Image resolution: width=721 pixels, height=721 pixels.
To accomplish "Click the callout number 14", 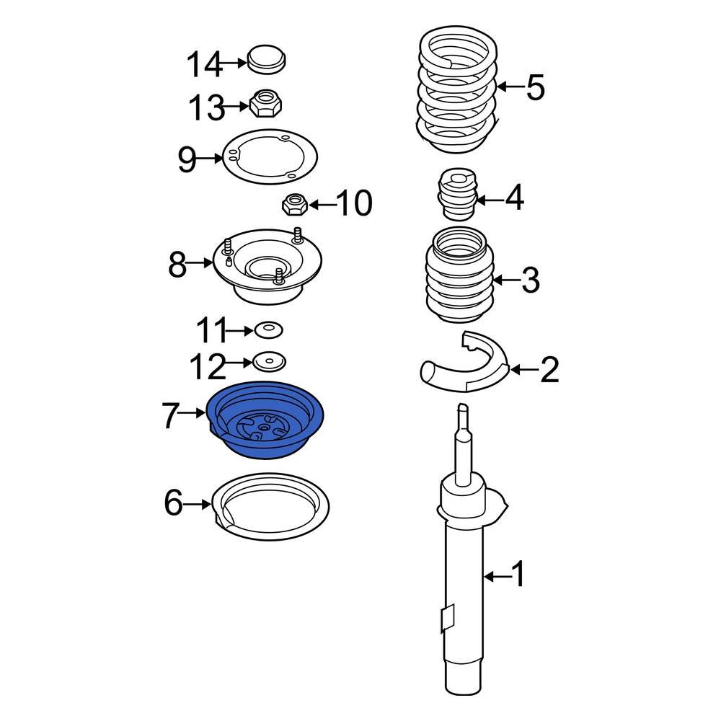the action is point(205,64).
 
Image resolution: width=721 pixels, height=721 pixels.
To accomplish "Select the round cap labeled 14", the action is point(267,59).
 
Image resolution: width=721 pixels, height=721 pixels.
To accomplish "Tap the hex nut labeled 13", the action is point(265,103).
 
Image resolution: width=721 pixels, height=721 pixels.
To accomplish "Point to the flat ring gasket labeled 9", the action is point(270,156).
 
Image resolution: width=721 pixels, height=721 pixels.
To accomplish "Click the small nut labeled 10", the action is point(294,205).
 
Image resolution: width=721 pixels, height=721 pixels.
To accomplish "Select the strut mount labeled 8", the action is point(267,266).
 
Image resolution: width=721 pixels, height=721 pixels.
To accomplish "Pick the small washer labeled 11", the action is point(269,329).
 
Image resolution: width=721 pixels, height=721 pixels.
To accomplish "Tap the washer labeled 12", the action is point(269,361).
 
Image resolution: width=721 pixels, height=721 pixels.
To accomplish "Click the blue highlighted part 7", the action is point(266,420).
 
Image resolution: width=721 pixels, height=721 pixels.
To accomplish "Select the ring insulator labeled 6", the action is point(270,506).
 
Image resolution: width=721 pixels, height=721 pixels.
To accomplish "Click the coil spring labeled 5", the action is point(458,89).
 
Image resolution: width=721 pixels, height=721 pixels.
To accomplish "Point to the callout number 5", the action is point(535,87).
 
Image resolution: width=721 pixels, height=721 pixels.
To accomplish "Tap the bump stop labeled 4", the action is point(456,194).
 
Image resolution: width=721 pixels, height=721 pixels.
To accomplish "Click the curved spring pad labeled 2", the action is point(465,363).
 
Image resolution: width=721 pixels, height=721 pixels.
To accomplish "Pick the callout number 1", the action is point(518,573).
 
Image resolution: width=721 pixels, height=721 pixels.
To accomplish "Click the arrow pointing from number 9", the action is point(210,159).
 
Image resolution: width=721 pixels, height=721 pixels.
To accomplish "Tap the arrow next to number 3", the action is point(506,280).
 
